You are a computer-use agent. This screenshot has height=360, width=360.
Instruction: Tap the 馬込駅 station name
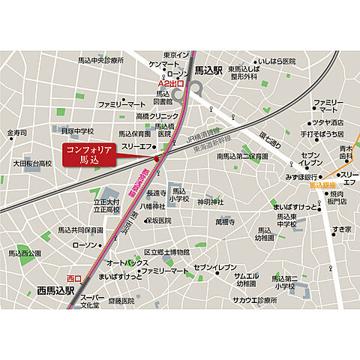coord(208,70)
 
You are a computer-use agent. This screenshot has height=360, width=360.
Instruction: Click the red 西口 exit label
coord(73,278)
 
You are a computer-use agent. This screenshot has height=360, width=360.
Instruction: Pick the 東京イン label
coord(177,55)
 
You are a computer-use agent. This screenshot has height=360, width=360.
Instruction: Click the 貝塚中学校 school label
coord(77,130)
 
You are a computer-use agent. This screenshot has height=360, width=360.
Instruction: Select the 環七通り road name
coord(269,139)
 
